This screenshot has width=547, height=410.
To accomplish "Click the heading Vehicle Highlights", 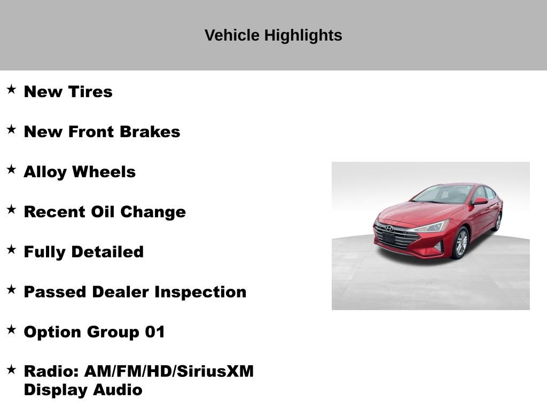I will pyautogui.click(x=273, y=35).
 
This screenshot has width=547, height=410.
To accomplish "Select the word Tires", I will pyautogui.click(x=90, y=92).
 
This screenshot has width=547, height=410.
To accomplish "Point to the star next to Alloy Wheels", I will pyautogui.click(x=11, y=169).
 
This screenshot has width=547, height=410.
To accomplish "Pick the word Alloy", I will pyautogui.click(x=45, y=172).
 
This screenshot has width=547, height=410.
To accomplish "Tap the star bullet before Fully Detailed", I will pyautogui.click(x=11, y=249).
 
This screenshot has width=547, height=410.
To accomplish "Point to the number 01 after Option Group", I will pyautogui.click(x=155, y=332).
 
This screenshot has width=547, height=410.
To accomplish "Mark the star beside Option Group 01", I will pyautogui.click(x=11, y=329).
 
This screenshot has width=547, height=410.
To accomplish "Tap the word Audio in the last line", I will pyautogui.click(x=118, y=390).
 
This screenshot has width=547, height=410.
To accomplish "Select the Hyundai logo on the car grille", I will pyautogui.click(x=389, y=228).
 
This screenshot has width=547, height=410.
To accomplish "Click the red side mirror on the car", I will pyautogui.click(x=479, y=201).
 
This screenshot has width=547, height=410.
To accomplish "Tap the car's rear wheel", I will pyautogui.click(x=498, y=222).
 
